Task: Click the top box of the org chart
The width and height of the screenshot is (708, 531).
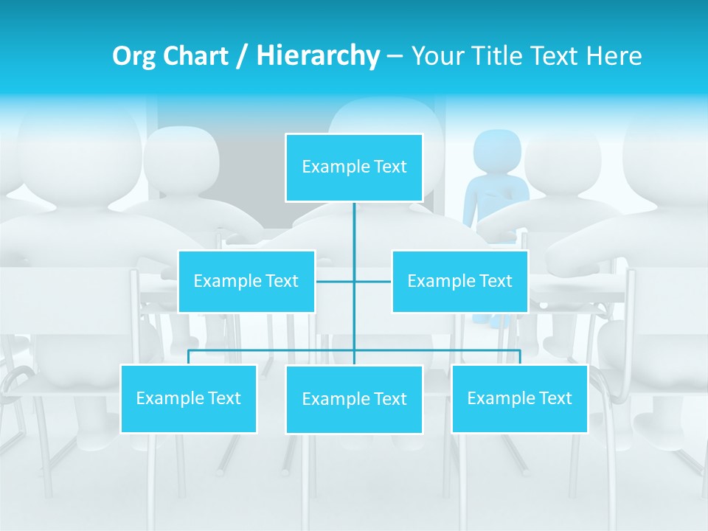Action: tap(354, 167)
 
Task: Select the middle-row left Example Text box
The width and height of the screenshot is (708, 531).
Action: tap(246, 282)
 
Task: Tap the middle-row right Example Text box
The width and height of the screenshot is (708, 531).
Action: tap(459, 282)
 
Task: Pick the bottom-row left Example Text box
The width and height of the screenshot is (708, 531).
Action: tap(189, 399)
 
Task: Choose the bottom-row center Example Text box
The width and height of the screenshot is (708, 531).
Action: tap(354, 400)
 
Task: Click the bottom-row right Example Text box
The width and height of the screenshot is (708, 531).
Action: tap(519, 399)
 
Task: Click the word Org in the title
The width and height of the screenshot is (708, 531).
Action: tap(133, 56)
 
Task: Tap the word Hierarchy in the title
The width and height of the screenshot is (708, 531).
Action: tap(317, 56)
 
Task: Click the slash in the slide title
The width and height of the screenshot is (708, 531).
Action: tap(242, 57)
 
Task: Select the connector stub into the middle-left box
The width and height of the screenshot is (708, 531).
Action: tap(334, 282)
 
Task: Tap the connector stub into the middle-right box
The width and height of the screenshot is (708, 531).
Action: tap(373, 282)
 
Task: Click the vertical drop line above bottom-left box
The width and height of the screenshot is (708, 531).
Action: tap(189, 357)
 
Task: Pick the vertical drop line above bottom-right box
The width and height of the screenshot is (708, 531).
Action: tap(519, 357)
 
